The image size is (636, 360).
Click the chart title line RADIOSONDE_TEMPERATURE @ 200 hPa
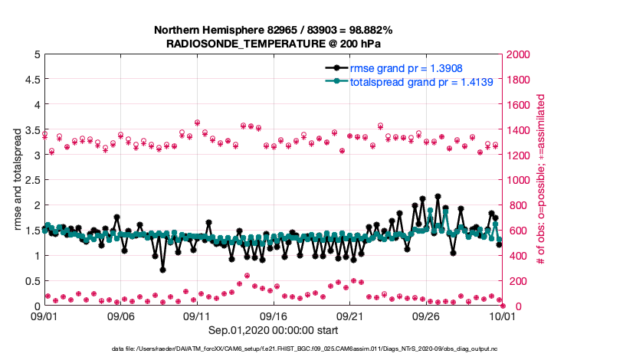click(273, 44)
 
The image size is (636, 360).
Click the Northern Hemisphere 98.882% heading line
click(273, 30)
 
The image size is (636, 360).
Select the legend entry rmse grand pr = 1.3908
click(406, 67)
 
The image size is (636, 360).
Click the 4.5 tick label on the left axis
click(31, 80)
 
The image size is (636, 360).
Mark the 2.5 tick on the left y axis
click(31, 180)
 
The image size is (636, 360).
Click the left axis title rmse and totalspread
click(17, 180)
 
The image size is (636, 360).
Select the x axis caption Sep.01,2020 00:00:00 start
click(273, 330)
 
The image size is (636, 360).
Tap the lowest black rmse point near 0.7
click(162, 269)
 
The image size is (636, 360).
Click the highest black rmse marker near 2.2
click(438, 197)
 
